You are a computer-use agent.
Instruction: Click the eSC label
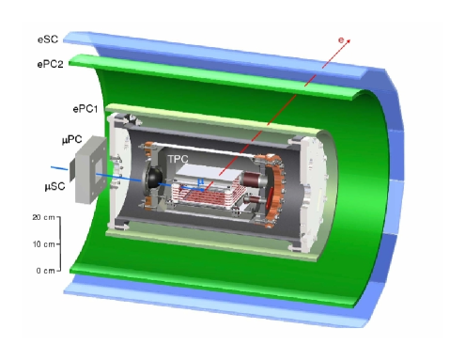(48, 39)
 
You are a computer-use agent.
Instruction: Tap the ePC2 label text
(50, 64)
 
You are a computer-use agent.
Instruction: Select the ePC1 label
(85, 109)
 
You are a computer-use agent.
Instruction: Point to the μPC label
(72, 139)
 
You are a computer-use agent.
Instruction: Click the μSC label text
(54, 186)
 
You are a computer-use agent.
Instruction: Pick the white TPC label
(178, 159)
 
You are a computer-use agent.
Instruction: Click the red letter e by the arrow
(341, 39)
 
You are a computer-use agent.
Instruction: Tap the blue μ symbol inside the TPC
(200, 181)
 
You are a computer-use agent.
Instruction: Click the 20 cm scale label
(43, 217)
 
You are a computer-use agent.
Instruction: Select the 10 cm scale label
(44, 243)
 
